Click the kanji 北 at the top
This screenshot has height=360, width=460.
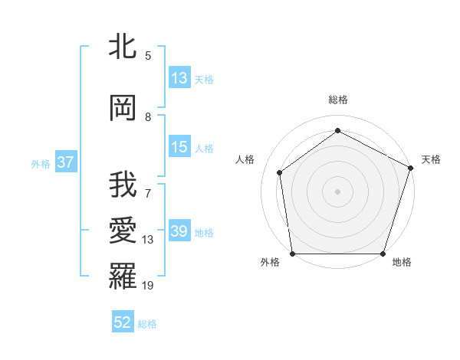123,48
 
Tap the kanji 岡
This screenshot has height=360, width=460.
123,108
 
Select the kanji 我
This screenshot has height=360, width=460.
123,185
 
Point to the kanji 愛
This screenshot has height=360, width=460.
123,231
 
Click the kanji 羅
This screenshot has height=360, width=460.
123,276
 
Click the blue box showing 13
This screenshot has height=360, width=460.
179,78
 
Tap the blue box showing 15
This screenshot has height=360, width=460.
179,147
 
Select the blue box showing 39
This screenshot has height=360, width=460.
179,231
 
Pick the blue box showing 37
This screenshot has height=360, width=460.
65,163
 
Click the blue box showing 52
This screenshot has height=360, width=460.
123,323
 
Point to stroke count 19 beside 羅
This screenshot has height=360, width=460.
148,286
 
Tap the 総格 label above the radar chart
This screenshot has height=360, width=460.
337,100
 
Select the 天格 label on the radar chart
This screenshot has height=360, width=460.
431,159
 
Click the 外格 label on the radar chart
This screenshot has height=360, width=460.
270,263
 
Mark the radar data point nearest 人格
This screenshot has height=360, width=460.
280,172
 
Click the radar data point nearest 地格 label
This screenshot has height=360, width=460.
383,254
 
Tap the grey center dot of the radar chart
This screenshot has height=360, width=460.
337,191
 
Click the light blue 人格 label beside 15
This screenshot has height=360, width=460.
204,148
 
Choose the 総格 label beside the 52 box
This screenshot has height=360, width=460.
147,324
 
